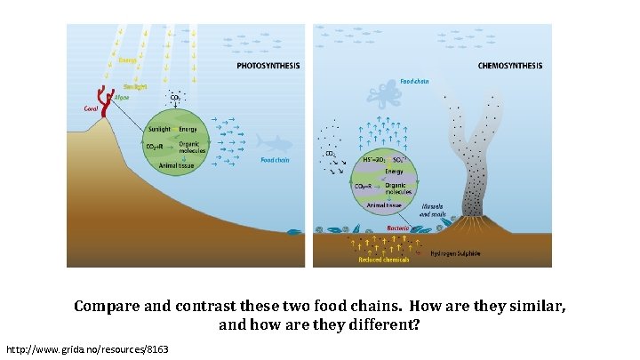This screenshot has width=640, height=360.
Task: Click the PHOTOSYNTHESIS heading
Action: click(268, 66)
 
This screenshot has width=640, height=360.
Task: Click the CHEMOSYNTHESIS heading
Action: click(509, 66)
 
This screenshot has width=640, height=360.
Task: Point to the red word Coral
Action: click(90, 108)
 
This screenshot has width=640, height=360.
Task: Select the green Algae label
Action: click(122, 97)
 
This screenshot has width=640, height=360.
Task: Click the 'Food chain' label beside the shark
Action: click(275, 161)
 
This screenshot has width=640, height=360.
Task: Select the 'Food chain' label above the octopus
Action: click(414, 81)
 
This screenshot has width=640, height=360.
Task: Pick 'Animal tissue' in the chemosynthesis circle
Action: click(384, 204)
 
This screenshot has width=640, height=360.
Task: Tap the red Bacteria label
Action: click(397, 228)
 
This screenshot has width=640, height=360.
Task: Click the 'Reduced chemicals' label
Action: click(384, 260)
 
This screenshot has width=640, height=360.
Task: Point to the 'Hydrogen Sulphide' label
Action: click(455, 253)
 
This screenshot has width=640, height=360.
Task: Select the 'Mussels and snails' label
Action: click(434, 210)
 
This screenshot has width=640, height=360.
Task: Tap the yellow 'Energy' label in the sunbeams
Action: click(129, 60)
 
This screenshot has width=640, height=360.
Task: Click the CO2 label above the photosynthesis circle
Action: click(175, 97)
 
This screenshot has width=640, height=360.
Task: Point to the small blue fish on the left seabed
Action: click(293, 233)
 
